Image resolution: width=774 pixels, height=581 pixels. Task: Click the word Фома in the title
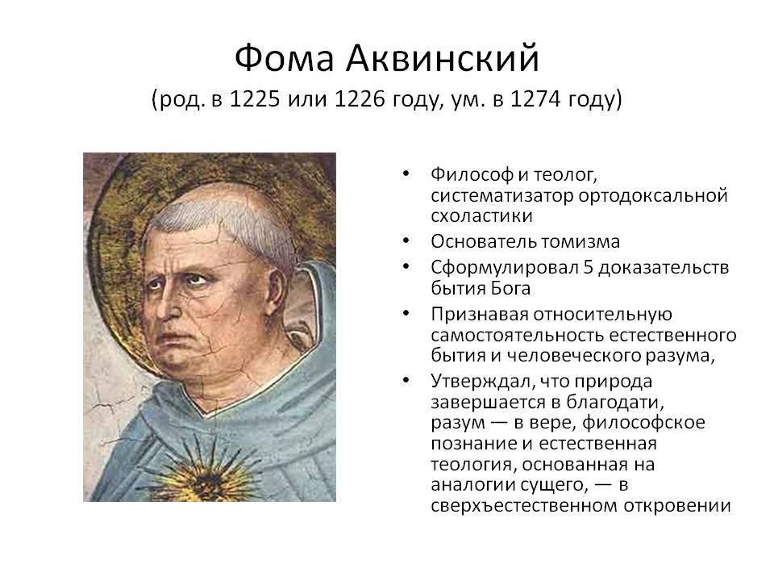(285, 58)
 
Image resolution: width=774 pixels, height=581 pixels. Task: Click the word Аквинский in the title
(443, 58)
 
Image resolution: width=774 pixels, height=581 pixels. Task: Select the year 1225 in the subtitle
(256, 98)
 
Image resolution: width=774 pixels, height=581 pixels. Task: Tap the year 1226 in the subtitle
(360, 98)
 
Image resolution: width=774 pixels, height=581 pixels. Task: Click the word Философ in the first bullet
(472, 174)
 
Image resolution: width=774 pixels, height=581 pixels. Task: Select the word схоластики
(481, 216)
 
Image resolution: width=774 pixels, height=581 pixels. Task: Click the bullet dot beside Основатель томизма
(406, 240)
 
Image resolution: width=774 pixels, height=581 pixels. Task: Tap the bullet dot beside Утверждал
(406, 380)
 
